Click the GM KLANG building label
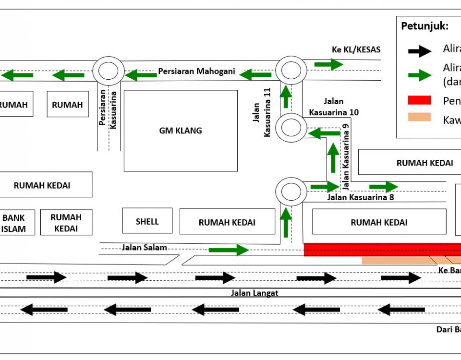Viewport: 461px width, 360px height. [181, 131]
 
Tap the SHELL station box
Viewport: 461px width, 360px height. [147, 221]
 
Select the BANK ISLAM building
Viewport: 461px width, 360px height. [13, 223]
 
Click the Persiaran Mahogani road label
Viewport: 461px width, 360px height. [197, 72]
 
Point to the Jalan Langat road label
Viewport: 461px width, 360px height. [255, 293]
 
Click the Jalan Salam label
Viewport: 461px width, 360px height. [144, 247]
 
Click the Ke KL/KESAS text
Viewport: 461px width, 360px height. [356, 49]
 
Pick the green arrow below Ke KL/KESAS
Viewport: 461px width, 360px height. [329, 64]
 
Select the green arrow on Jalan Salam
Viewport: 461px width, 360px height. [229, 250]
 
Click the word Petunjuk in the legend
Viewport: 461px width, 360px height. [425, 26]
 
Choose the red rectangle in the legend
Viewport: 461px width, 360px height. [419, 100]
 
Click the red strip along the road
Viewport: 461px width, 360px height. [382, 250]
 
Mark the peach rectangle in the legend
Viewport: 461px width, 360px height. [419, 117]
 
